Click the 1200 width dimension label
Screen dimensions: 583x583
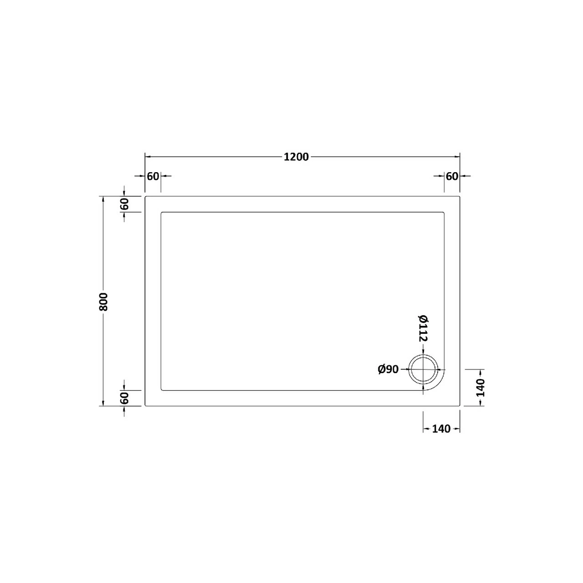click(296, 157)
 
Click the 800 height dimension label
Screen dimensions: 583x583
click(103, 301)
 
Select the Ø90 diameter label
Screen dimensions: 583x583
click(388, 369)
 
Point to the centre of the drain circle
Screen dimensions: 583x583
click(424, 369)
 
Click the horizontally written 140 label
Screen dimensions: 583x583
click(441, 429)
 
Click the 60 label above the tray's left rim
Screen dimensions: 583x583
click(153, 176)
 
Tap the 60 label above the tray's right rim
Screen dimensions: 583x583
click(452, 176)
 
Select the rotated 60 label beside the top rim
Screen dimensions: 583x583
click(125, 204)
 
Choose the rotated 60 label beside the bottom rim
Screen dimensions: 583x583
click(125, 398)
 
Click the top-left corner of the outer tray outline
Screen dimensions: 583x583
click(145, 197)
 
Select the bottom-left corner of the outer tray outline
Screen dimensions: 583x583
click(145, 405)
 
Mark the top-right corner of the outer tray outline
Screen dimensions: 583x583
click(460, 197)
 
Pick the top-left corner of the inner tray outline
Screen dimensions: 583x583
click(161, 212)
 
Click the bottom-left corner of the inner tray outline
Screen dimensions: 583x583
click(161, 390)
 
